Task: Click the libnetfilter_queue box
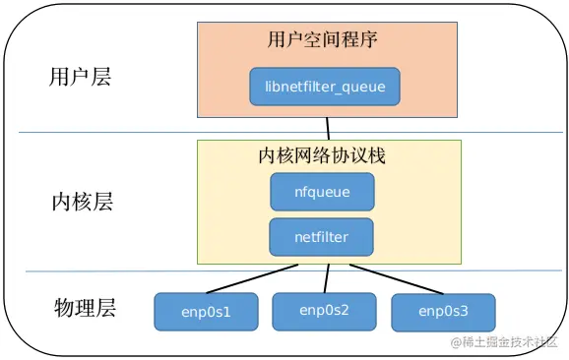(325, 87)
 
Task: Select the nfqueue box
(323, 192)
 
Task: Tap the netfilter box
(322, 236)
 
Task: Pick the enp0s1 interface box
(206, 311)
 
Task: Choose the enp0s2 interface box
(324, 310)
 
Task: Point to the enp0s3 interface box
(443, 312)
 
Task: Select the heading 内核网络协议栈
(328, 156)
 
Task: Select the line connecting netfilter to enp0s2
(324, 276)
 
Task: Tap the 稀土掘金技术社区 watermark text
(512, 341)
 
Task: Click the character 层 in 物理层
(106, 308)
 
